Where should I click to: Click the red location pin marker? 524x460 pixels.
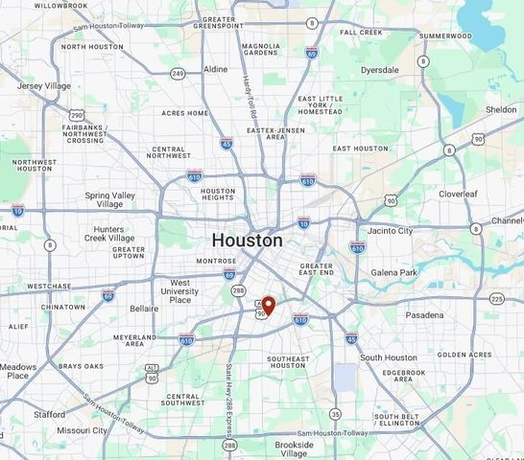269,306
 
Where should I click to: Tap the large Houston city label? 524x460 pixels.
247,240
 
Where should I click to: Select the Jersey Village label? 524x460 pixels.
44,86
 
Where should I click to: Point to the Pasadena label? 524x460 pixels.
423,314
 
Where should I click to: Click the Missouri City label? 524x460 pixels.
81,430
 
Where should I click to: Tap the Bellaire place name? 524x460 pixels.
144,310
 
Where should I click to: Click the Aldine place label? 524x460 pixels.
216,69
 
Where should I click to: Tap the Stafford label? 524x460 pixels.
49,414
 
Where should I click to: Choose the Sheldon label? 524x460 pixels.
500,109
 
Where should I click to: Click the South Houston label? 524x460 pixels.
389,357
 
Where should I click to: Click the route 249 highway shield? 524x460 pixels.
178,74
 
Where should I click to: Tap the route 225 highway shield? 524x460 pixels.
496,299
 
